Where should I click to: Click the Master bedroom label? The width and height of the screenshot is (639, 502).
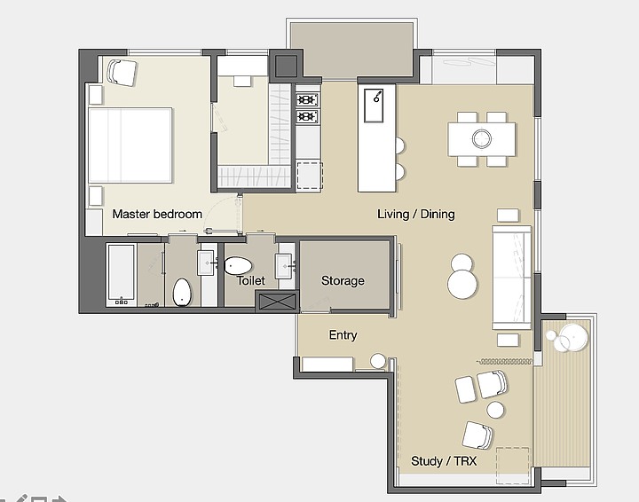click(157, 214)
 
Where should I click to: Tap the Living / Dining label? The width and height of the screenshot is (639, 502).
click(415, 214)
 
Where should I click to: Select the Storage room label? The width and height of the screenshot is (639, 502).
click(343, 281)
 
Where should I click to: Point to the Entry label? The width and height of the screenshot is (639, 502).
click(343, 335)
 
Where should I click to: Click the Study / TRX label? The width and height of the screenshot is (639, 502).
click(444, 461)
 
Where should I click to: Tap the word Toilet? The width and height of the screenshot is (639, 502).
click(250, 280)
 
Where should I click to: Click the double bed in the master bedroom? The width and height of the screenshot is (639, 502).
click(130, 145)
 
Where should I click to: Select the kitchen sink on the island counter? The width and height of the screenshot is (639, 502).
click(374, 106)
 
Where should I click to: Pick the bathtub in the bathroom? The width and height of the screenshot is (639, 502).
click(121, 275)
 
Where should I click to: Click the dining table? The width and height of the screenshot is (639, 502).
click(482, 139)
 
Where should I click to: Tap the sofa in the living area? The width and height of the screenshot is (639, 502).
click(512, 278)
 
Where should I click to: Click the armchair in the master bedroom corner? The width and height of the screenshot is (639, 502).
click(122, 73)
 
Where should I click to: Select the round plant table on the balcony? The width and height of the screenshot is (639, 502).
click(573, 338)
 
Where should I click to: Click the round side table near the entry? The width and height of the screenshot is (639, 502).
click(378, 361)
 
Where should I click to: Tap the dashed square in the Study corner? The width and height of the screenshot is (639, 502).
click(513, 465)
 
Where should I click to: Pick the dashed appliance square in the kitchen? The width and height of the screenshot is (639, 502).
click(310, 176)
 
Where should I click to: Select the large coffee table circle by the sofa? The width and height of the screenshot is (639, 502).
click(462, 284)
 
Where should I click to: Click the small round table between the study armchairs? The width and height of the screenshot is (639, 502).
click(495, 410)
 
